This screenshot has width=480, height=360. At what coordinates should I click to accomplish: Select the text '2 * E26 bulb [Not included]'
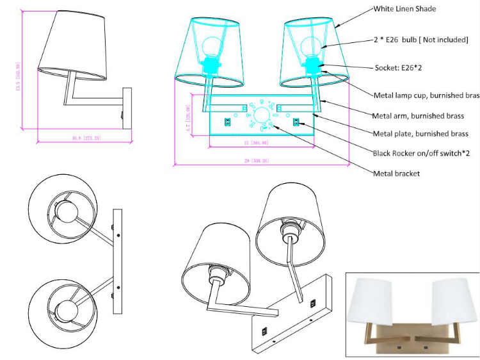(x=420, y=40)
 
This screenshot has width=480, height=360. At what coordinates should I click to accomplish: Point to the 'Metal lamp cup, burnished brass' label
(x=426, y=95)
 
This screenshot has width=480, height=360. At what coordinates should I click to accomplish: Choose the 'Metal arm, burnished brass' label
(x=419, y=115)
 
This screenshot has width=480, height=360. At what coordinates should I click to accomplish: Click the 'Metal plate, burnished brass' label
(x=420, y=134)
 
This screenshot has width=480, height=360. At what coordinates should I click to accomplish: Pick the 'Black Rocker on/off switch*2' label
(x=421, y=153)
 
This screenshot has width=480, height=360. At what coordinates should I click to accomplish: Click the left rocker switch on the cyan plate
(x=227, y=122)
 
